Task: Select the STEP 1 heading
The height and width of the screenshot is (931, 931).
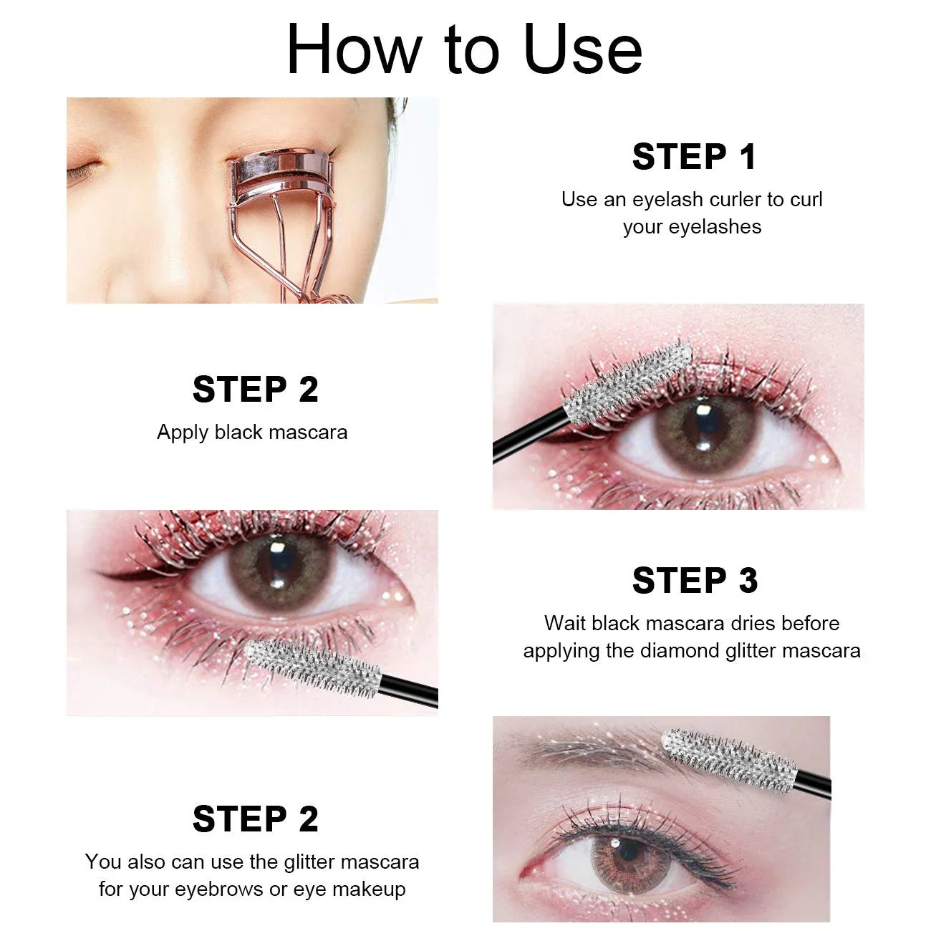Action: click(x=693, y=157)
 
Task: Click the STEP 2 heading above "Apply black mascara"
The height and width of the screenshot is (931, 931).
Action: click(x=255, y=390)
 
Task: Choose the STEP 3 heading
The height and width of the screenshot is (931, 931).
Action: click(x=693, y=581)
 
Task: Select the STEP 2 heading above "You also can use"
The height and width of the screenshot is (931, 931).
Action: click(x=255, y=819)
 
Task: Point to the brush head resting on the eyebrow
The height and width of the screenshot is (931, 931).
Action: click(x=729, y=759)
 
